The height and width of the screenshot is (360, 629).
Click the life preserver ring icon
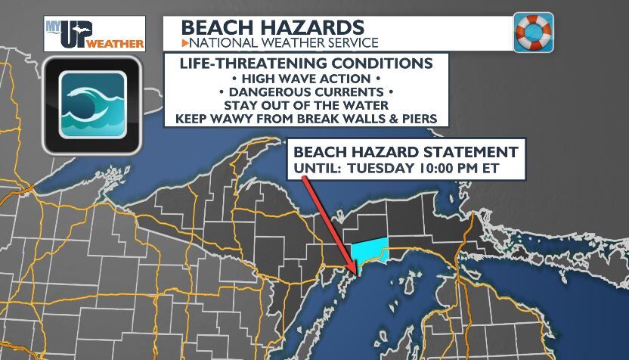533,32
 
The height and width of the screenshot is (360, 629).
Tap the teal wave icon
91,105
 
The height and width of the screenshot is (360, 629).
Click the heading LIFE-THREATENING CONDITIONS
307,63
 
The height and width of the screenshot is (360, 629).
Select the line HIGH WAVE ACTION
307,78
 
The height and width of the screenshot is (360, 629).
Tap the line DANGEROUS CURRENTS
307,92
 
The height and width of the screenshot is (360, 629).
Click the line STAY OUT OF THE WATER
307,105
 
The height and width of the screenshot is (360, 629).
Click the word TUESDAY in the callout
376,167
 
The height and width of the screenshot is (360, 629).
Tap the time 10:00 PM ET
458,167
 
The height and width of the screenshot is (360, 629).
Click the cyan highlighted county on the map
370,250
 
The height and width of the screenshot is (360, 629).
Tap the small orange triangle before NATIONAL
184,43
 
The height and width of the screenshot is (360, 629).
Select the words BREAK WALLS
357,119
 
